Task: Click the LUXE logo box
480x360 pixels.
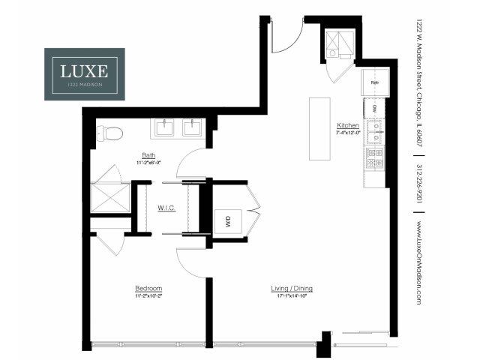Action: [x=84, y=74]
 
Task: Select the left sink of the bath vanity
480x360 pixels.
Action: [x=164, y=127]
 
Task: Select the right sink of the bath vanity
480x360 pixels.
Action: [x=193, y=127]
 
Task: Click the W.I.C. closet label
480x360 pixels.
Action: [x=166, y=207]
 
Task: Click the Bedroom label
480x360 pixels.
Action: [x=148, y=288]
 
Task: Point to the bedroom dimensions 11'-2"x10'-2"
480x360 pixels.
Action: [x=148, y=295]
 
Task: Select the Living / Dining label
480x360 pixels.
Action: [x=292, y=288]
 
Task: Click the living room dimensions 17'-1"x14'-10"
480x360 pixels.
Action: [x=292, y=295]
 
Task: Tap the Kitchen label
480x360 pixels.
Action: [x=348, y=124]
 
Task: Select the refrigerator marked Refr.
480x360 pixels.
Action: [x=374, y=82]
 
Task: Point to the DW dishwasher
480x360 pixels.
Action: [x=374, y=109]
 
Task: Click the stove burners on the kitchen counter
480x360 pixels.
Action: [x=374, y=158]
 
